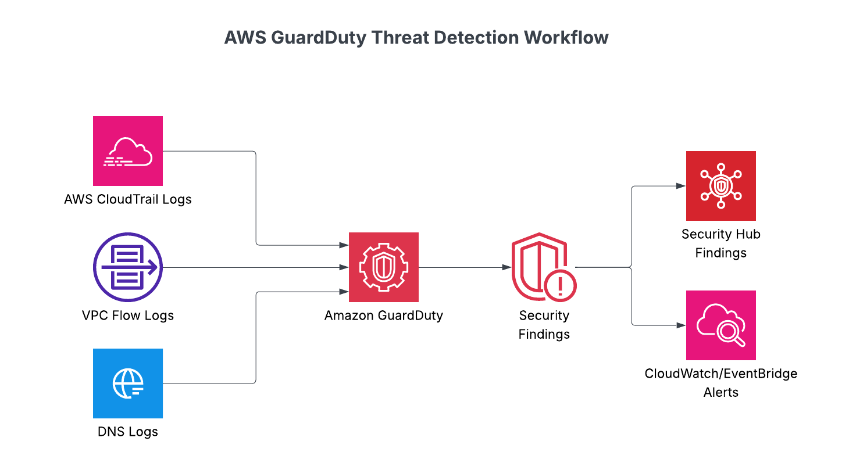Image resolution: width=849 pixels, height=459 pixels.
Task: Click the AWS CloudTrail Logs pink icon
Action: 128,151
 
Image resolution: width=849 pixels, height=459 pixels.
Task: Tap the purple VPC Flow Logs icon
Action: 128,267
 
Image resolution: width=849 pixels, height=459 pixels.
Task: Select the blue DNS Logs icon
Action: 128,383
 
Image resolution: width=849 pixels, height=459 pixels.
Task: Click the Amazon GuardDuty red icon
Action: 384,267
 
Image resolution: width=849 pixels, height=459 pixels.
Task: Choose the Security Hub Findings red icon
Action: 721,186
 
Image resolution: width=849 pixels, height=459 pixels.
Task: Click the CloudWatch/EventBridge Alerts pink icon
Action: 721,325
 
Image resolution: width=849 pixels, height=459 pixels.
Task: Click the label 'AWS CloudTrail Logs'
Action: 128,200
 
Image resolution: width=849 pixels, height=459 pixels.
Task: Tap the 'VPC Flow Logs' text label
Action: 128,316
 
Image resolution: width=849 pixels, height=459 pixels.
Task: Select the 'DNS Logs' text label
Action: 128,432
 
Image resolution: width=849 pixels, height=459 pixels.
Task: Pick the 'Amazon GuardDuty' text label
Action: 384,316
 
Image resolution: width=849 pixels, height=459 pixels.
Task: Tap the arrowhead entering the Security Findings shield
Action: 508,267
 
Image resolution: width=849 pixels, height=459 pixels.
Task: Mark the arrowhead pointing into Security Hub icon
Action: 682,186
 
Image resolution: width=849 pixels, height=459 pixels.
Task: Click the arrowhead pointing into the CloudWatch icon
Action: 682,325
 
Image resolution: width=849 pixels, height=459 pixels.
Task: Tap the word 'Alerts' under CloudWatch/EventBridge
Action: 721,392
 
